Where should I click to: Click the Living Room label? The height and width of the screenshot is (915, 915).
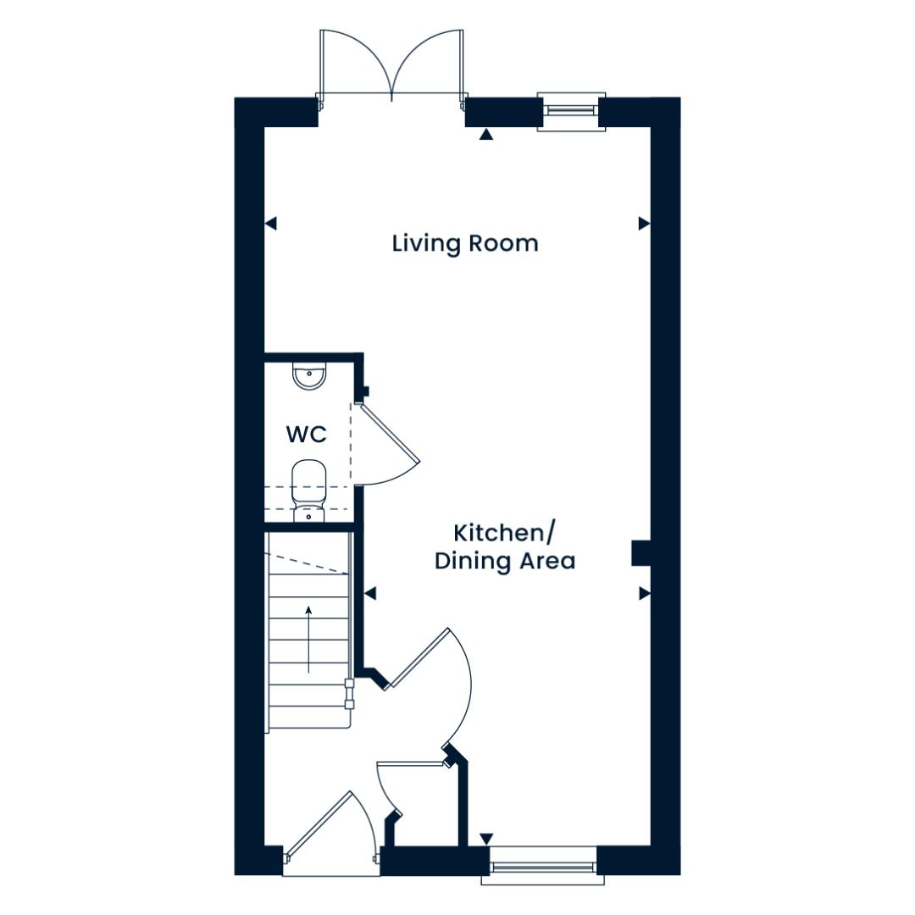click(464, 243)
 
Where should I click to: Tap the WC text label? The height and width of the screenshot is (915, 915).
click(307, 435)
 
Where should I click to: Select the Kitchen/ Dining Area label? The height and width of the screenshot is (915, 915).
click(505, 546)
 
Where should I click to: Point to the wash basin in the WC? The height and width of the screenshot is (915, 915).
click(309, 376)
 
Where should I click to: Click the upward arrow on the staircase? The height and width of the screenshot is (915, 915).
click(308, 639)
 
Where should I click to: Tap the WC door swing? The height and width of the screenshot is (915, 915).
click(388, 443)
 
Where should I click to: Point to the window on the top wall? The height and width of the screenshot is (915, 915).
click(571, 111)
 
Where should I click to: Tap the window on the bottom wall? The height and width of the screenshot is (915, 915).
click(543, 865)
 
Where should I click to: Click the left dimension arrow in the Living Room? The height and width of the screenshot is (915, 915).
click(271, 223)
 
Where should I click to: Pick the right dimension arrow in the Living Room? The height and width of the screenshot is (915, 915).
click(644, 223)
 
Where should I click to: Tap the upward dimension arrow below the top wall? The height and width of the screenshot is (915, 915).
click(486, 135)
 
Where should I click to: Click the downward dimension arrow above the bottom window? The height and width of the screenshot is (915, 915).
click(486, 839)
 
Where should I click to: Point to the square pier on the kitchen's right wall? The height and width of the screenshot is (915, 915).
click(640, 553)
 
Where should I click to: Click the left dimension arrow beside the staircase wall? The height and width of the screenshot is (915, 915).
click(370, 593)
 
